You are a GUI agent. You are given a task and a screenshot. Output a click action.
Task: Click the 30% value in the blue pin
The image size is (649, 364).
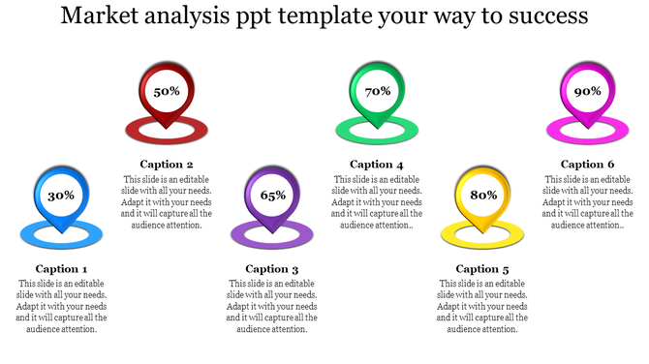[61, 196]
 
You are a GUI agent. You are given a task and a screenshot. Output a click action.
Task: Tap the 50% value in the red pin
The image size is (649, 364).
[167, 91]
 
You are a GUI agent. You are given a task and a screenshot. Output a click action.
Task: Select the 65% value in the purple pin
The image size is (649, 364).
[272, 196]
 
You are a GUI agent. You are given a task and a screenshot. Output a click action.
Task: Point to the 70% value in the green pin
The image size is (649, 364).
[377, 91]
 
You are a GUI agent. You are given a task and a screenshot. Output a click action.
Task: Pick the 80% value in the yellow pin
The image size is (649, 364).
[483, 196]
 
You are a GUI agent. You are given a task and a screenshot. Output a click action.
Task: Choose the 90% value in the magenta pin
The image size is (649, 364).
[587, 91]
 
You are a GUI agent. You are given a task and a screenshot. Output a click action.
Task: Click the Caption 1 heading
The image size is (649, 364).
[62, 269]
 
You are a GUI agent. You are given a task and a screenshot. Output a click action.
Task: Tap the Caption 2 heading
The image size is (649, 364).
[167, 165]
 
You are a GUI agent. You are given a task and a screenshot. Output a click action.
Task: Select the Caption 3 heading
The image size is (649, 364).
[272, 269]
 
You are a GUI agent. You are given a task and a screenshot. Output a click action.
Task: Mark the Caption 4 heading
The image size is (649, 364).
[377, 165]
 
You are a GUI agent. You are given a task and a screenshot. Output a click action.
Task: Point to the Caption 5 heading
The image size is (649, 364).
[482, 269]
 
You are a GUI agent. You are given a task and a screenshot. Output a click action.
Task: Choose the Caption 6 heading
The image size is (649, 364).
[587, 165]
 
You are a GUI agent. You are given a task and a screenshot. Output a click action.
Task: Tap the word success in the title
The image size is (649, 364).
[542, 17]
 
